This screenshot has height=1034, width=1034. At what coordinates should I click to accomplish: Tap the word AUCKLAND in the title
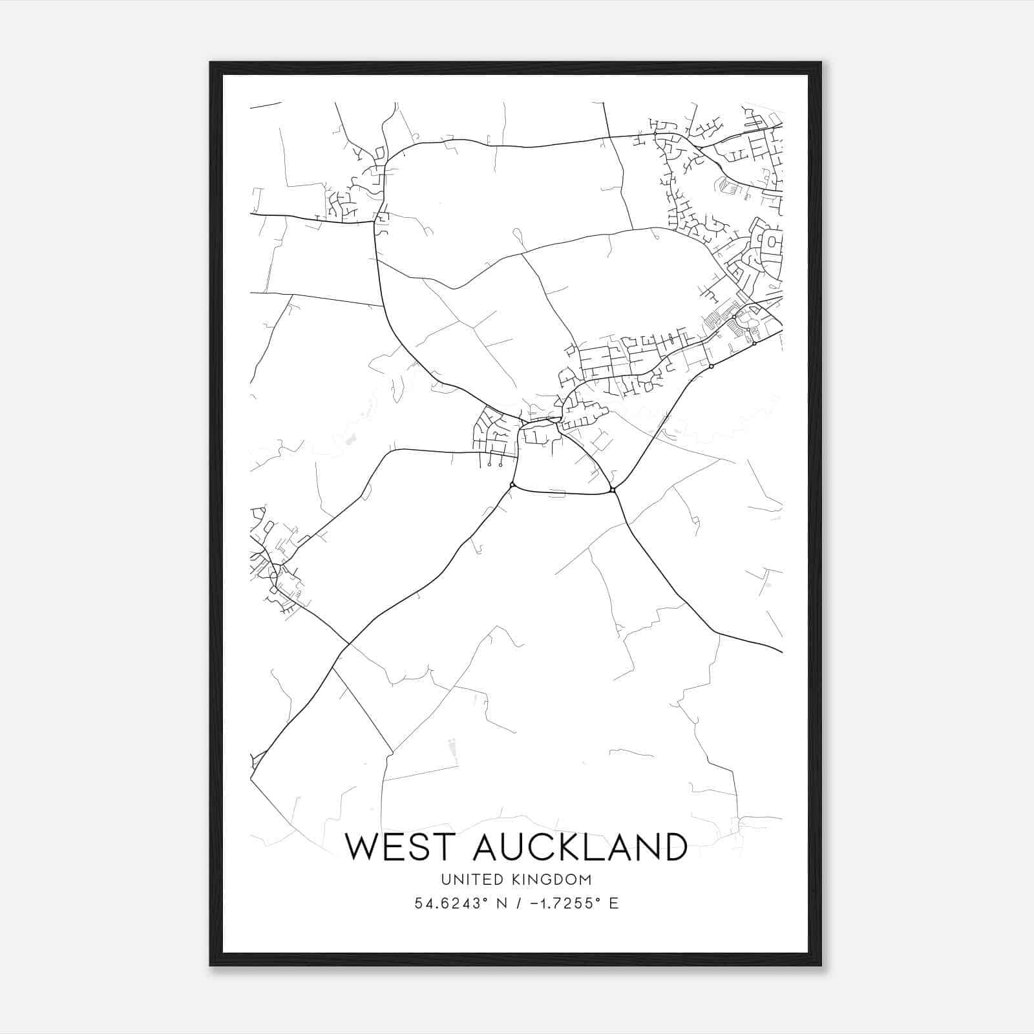click(580, 847)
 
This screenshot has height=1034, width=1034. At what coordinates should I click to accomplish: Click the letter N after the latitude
click(500, 903)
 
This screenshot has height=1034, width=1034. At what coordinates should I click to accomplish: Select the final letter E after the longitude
click(614, 903)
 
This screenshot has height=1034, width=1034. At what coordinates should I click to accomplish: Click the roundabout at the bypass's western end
click(512, 485)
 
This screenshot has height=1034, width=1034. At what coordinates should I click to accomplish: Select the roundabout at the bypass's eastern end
click(613, 492)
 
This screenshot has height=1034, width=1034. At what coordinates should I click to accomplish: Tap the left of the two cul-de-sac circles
click(490, 465)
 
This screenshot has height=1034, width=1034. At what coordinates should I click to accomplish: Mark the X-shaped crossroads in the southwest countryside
click(348, 644)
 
